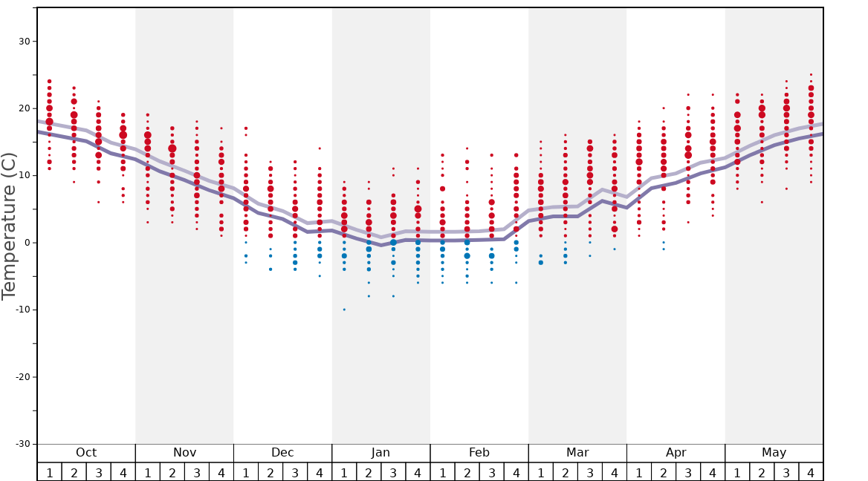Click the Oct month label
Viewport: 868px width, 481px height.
point(86,453)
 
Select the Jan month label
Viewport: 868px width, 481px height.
point(380,453)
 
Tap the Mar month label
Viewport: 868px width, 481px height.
point(577,453)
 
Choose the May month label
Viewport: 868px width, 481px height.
point(774,453)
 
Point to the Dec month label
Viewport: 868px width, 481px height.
point(282,453)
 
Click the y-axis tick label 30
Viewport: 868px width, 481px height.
point(24,41)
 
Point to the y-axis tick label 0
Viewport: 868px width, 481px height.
point(27,243)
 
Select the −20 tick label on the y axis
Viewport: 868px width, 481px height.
point(22,377)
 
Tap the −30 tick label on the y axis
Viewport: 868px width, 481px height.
point(22,444)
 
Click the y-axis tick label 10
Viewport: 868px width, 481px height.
point(24,175)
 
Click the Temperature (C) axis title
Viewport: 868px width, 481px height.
point(9,226)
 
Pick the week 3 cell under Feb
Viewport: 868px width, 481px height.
point(491,472)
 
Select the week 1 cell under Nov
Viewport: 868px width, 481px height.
point(147,472)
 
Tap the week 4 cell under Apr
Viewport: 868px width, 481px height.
point(713,472)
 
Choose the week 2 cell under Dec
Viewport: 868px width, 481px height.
point(271,472)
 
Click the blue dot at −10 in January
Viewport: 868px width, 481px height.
point(344,310)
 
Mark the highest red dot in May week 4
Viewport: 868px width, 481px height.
point(811,74)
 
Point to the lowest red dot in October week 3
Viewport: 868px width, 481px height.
point(98,202)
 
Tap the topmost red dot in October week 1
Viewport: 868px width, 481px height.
point(50,81)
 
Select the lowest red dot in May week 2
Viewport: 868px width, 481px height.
point(762,202)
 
